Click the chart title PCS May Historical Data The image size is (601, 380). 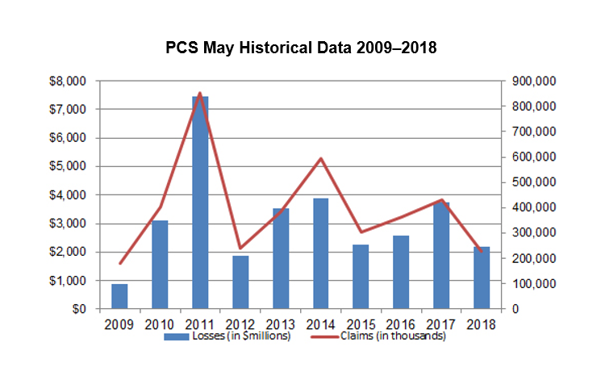pyautogui.click(x=301, y=48)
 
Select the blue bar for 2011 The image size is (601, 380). pyautogui.click(x=199, y=202)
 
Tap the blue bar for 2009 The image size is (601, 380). pyautogui.click(x=119, y=296)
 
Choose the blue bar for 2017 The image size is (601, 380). pyautogui.click(x=441, y=255)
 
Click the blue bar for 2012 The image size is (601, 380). pyautogui.click(x=240, y=282)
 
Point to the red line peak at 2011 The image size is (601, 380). pyautogui.click(x=199, y=94)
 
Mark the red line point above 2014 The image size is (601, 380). pyautogui.click(x=320, y=158)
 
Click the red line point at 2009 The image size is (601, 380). pyautogui.click(x=119, y=263)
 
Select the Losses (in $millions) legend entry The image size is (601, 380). pyautogui.click(x=227, y=336)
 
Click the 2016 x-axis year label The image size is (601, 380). pyautogui.click(x=401, y=324)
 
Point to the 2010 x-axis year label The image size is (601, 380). pyautogui.click(x=159, y=324)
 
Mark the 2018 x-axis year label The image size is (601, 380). pyautogui.click(x=482, y=324)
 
